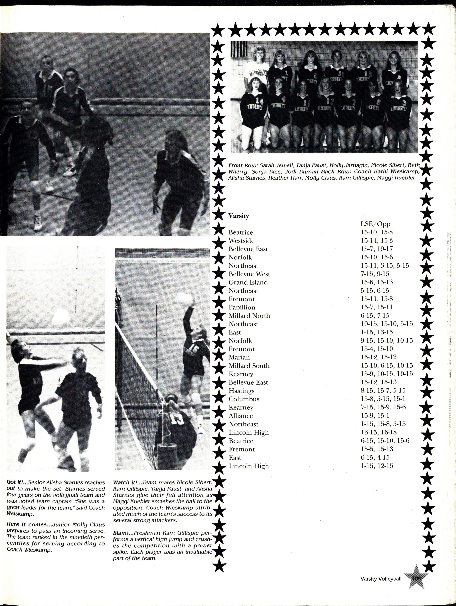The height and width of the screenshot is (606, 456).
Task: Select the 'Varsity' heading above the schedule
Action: pyautogui.click(x=239, y=216)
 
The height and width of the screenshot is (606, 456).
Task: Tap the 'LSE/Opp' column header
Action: pyautogui.click(x=375, y=224)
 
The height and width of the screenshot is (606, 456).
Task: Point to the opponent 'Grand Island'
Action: pyautogui.click(x=248, y=282)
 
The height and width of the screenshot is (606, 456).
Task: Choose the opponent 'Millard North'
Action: pyautogui.click(x=249, y=316)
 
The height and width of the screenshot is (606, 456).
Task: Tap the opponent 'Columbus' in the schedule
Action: pyautogui.click(x=244, y=399)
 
